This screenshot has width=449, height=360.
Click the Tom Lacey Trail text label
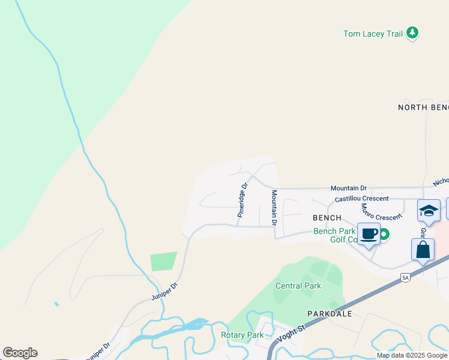[373, 34]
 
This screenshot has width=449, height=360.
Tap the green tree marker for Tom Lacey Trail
[412, 33]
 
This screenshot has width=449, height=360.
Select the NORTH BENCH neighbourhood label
[423, 107]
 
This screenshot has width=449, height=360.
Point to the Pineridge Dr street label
[242, 200]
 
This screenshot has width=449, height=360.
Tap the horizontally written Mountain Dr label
[349, 188]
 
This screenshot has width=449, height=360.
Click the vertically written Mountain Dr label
[274, 208]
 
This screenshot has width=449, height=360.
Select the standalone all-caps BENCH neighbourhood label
[327, 218]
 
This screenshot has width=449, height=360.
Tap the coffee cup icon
[369, 234]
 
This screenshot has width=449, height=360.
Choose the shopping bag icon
[423, 250]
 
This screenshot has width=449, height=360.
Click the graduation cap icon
[429, 211]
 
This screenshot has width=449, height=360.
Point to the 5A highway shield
[406, 277]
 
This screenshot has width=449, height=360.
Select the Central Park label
[298, 286]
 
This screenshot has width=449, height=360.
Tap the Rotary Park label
[243, 335]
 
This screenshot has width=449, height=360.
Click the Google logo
[20, 353]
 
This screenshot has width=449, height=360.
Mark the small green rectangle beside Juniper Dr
[164, 261]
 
